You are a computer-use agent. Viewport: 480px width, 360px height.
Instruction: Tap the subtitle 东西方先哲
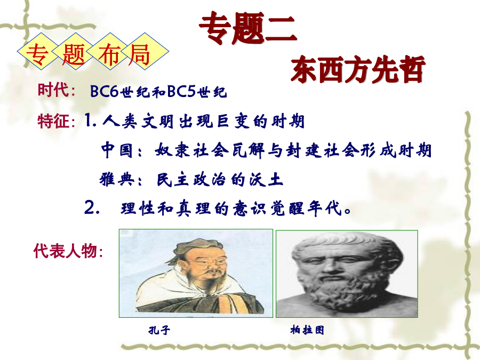pyautogui.click(x=358, y=69)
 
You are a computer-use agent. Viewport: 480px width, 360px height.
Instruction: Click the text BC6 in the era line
pyautogui.click(x=104, y=91)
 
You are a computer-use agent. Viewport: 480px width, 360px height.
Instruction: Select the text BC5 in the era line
pyautogui.click(x=181, y=91)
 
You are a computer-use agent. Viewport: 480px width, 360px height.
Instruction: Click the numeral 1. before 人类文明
pyautogui.click(x=90, y=121)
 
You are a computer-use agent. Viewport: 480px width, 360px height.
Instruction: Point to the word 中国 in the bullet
pyautogui.click(x=117, y=150)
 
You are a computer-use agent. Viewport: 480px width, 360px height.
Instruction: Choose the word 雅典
pyautogui.click(x=117, y=179)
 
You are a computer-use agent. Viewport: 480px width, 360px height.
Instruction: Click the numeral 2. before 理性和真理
pyautogui.click(x=92, y=208)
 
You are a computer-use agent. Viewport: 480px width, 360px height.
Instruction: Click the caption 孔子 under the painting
pyautogui.click(x=159, y=330)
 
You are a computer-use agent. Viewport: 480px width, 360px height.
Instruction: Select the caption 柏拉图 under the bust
pyautogui.click(x=307, y=330)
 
